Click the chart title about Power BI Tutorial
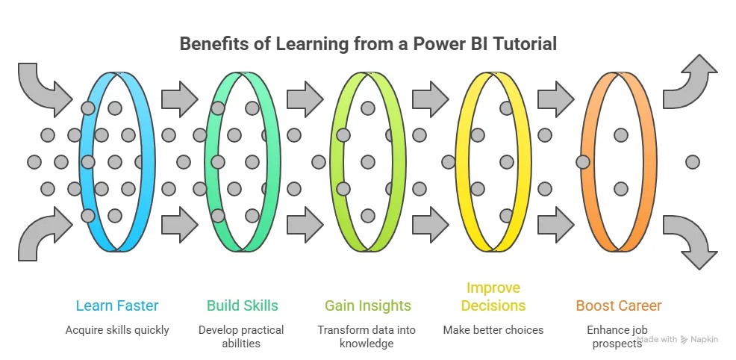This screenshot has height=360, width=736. pos(368,44)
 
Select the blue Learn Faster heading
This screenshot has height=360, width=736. pos(117,305)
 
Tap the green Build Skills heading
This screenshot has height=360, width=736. pos(243,305)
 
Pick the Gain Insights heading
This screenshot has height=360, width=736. pos(367,305)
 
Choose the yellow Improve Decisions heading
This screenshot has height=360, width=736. pos(493,297)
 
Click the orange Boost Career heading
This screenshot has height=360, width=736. pos(618,305)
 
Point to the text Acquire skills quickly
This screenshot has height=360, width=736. pos(117,329)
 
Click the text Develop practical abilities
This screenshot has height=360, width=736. pos(243,336)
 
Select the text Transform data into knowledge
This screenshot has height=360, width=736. pos(367,336)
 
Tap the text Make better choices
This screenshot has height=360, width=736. pos(493,329)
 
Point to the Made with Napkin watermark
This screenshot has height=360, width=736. pos(678,339)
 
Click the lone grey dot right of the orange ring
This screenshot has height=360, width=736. pos(692,161)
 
